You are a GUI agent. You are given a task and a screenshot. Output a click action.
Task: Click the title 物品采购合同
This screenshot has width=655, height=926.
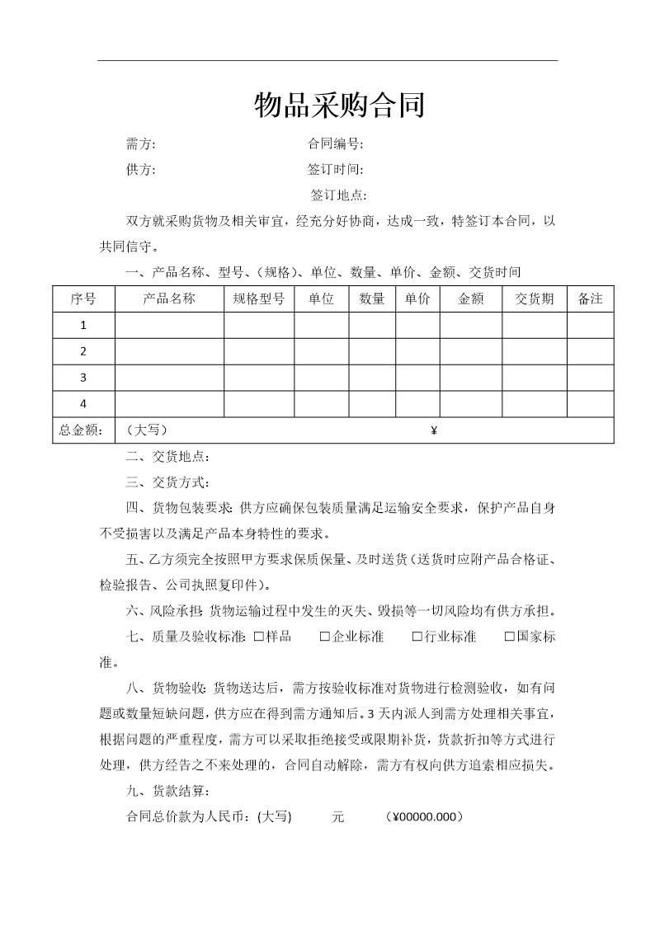click(339, 106)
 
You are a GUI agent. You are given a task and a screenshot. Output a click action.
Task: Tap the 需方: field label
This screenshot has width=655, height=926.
click(140, 144)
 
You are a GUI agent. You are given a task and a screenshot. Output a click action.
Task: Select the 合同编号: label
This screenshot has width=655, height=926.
click(335, 144)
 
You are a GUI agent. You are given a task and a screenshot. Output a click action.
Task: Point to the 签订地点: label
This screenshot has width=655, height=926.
click(338, 195)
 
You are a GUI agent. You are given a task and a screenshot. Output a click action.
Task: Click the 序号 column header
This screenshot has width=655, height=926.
click(83, 298)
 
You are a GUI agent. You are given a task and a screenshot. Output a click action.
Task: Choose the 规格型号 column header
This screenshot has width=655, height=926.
click(259, 298)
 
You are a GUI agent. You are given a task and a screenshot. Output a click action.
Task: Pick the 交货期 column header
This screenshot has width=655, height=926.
click(535, 298)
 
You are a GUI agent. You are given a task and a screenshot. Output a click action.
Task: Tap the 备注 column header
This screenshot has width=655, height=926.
click(591, 298)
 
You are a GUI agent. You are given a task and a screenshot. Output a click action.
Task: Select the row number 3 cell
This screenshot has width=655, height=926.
click(83, 378)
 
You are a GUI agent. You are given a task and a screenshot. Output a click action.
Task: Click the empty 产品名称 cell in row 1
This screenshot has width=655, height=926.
click(169, 325)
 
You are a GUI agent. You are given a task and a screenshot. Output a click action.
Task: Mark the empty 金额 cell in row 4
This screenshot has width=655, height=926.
click(471, 404)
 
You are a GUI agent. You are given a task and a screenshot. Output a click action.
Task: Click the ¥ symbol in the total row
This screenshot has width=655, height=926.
click(434, 430)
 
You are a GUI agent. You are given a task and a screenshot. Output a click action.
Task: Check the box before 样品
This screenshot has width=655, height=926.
click(259, 637)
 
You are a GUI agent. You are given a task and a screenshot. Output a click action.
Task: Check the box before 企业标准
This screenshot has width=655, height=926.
click(325, 637)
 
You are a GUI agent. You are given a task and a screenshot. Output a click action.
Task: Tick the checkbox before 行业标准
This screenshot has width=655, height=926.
click(417, 637)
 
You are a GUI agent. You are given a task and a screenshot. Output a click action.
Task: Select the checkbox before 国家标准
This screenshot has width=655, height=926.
click(510, 637)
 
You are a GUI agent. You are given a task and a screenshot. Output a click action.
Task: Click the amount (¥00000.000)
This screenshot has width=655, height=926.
click(424, 817)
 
